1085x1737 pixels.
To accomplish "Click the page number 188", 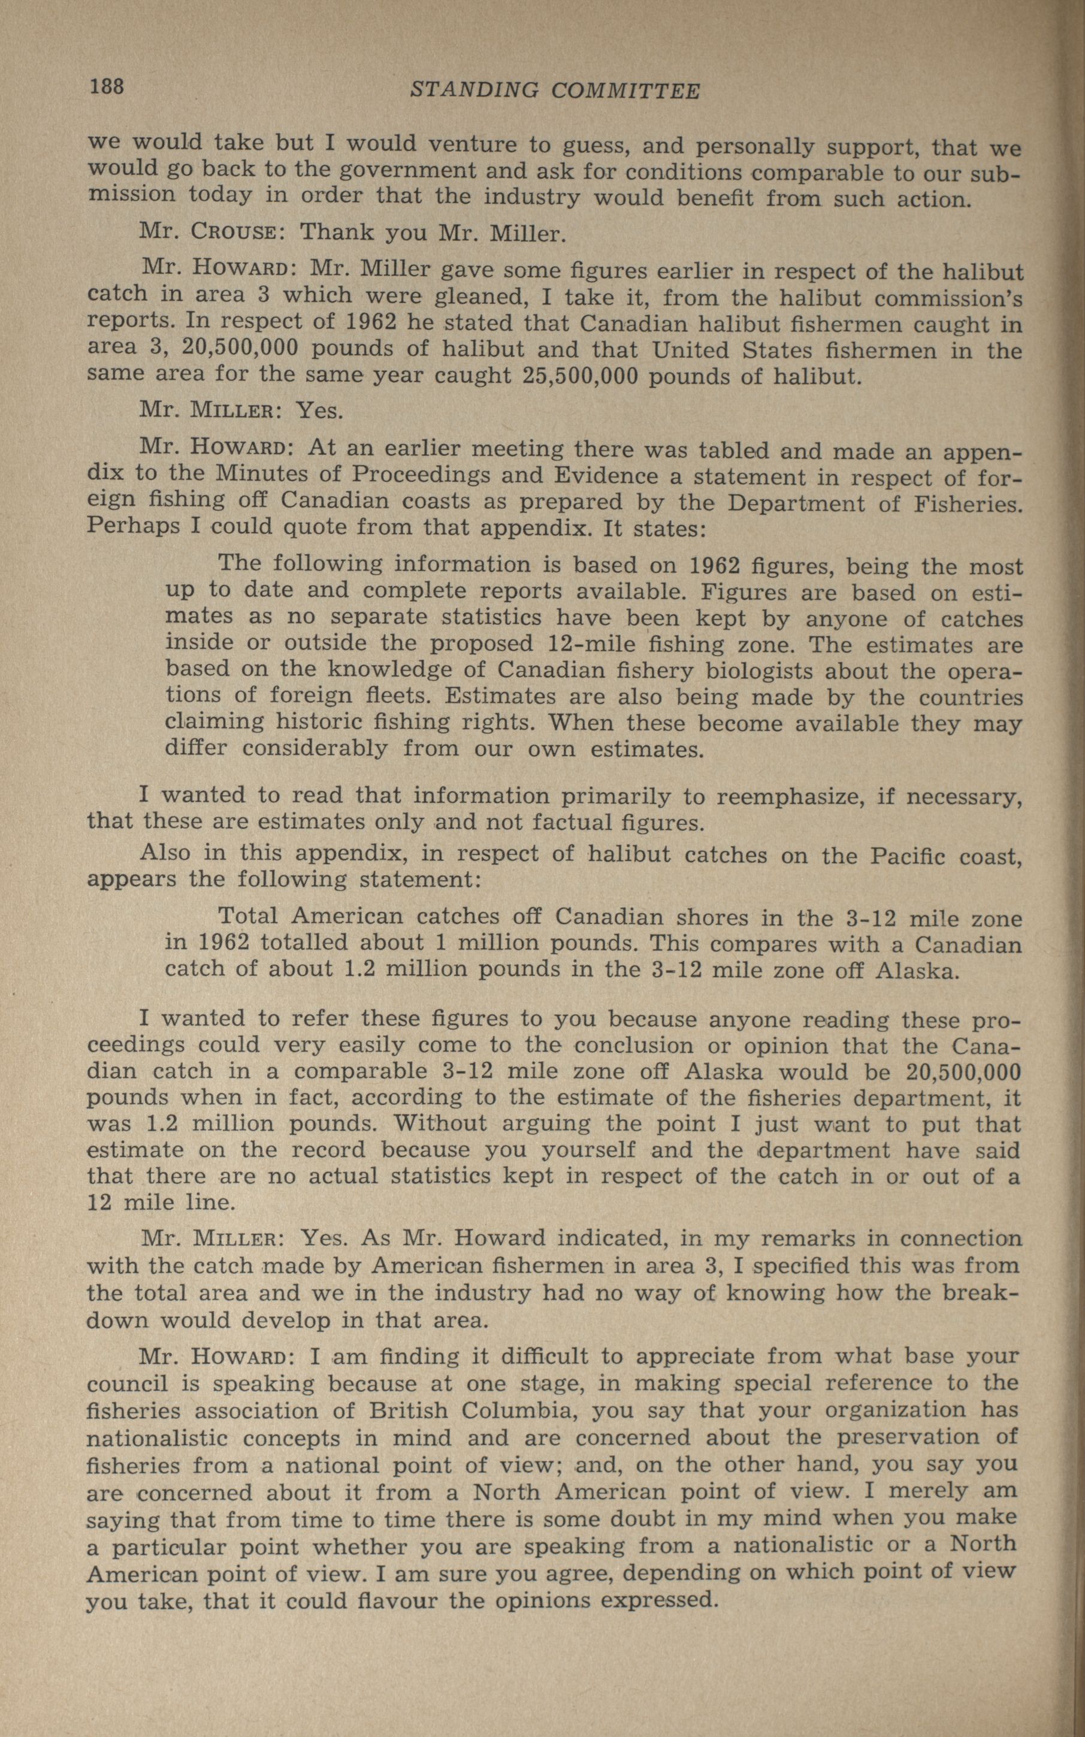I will click(107, 87).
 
